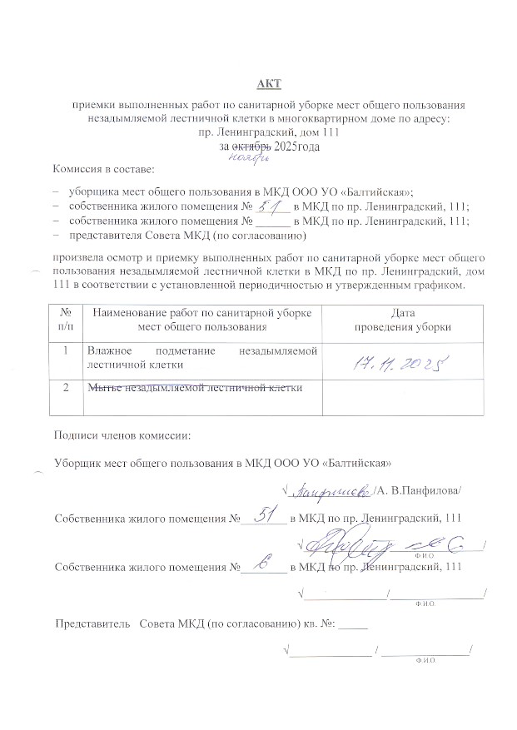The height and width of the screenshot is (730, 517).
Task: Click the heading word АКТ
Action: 270,83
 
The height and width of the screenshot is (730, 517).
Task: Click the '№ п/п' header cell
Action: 65,320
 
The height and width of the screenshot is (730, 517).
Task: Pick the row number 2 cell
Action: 65,388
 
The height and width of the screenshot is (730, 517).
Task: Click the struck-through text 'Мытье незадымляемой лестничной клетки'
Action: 193,387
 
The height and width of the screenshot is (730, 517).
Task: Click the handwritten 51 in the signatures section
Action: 263,516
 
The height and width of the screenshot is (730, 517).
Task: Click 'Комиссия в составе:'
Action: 103,169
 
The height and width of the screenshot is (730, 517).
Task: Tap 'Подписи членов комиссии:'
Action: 122,435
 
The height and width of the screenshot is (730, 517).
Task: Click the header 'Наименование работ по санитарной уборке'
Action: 203,313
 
